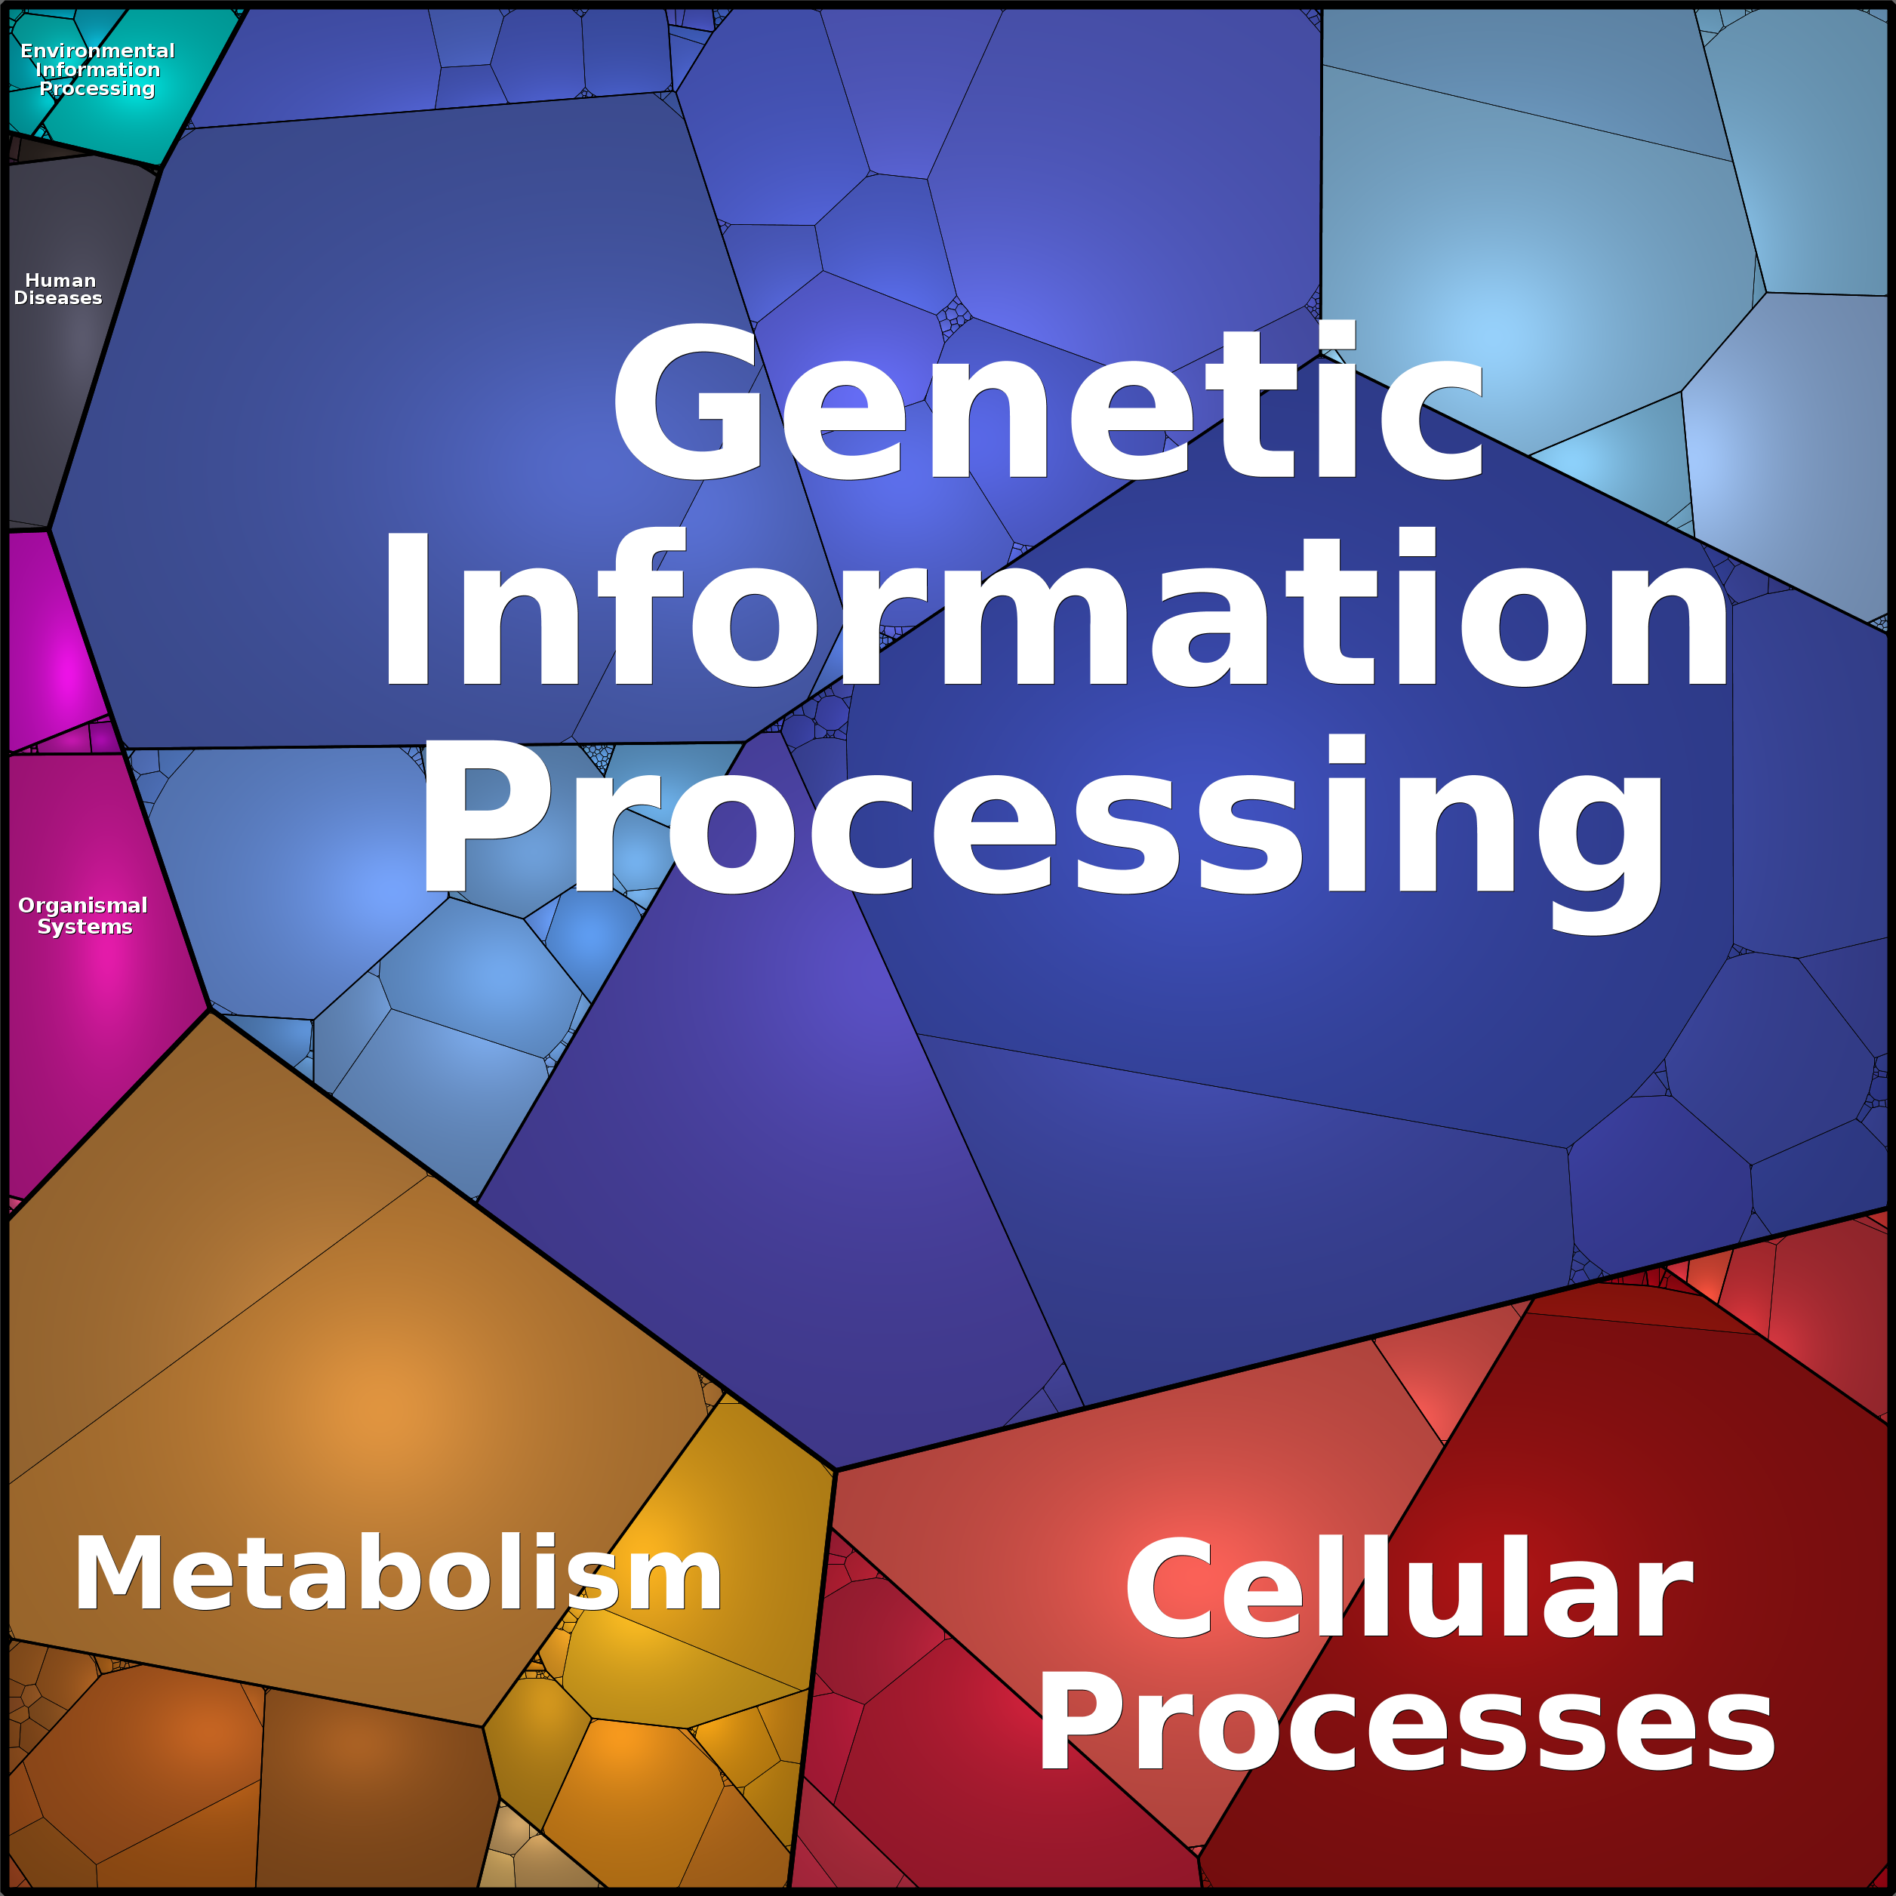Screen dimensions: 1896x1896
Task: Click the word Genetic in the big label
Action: [x=1048, y=402]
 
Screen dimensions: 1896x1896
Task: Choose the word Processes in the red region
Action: [x=1406, y=1723]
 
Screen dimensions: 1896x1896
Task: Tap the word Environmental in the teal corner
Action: [x=97, y=50]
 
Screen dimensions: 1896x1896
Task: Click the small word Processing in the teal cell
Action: [x=97, y=88]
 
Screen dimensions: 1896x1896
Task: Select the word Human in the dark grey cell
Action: [x=60, y=280]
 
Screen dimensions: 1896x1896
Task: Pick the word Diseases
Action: [x=58, y=297]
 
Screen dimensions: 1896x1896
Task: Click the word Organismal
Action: [x=82, y=905]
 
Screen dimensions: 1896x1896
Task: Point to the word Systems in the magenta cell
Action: [x=85, y=926]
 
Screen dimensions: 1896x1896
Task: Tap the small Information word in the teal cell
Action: [x=97, y=69]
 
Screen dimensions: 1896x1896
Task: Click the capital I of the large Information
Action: [x=406, y=608]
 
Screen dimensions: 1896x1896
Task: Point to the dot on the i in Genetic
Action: [x=1336, y=334]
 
